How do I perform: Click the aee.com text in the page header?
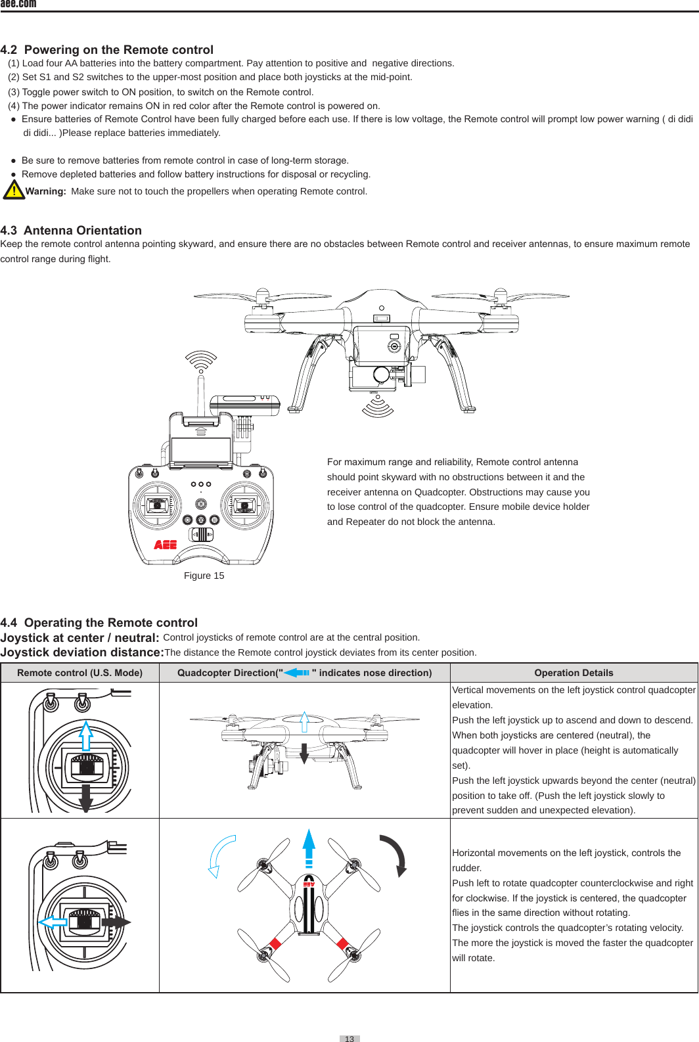pyautogui.click(x=18, y=4)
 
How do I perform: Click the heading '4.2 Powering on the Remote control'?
pyautogui.click(x=107, y=50)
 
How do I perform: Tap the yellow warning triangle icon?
pyautogui.click(x=13, y=189)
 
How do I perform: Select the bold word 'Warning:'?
pyautogui.click(x=46, y=191)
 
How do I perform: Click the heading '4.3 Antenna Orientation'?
pyautogui.click(x=71, y=231)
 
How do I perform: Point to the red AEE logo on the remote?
pyautogui.click(x=166, y=545)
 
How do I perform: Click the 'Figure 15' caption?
pyautogui.click(x=204, y=576)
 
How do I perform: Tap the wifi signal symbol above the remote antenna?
pyautogui.click(x=201, y=360)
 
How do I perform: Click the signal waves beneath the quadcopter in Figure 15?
pyautogui.click(x=378, y=407)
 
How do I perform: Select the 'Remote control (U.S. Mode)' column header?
pyautogui.click(x=79, y=673)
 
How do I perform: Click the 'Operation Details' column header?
pyautogui.click(x=574, y=673)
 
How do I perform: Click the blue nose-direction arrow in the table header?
pyautogui.click(x=297, y=673)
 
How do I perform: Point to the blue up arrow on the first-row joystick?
pyautogui.click(x=85, y=736)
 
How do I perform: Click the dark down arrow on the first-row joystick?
pyautogui.click(x=85, y=798)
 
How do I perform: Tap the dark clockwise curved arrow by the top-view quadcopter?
pyautogui.click(x=396, y=853)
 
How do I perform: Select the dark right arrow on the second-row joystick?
pyautogui.click(x=116, y=922)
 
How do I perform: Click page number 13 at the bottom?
pyautogui.click(x=349, y=1039)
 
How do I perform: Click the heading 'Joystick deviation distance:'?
pyautogui.click(x=82, y=652)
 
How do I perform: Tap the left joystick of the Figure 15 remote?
pyautogui.click(x=157, y=505)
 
